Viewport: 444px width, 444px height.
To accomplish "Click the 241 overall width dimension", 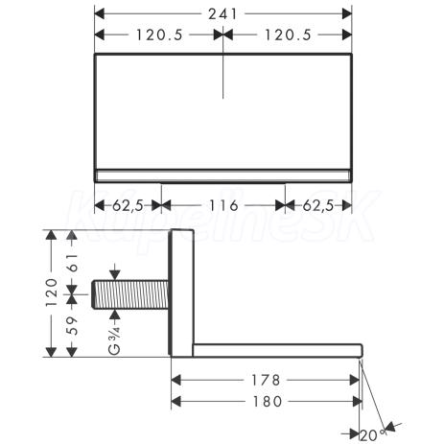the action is [x=222, y=13].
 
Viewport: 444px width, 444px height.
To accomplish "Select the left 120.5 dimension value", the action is [x=159, y=35].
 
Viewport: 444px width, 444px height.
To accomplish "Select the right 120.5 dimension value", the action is [x=288, y=35].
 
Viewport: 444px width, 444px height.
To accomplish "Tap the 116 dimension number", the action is [x=223, y=205].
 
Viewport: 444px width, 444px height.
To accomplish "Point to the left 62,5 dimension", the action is [x=128, y=205].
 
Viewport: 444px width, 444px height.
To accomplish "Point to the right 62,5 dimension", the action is [x=318, y=205].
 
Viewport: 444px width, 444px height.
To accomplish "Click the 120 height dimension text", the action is [x=52, y=292].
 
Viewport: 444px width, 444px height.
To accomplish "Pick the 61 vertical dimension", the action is [x=73, y=263].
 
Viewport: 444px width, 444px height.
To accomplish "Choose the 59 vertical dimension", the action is [x=73, y=325].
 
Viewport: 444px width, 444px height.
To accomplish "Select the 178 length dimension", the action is [x=266, y=380].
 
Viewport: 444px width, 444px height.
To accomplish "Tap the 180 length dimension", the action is [x=268, y=401].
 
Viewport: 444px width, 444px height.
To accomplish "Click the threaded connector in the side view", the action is [x=130, y=294].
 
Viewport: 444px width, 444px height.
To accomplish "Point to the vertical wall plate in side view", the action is [x=182, y=292].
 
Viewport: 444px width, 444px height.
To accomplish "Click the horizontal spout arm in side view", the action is [x=278, y=350].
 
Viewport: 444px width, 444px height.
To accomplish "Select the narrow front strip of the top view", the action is [x=223, y=175].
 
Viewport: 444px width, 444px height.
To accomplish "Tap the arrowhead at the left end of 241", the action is [x=100, y=13].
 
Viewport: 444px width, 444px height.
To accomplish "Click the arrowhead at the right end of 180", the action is [x=357, y=401].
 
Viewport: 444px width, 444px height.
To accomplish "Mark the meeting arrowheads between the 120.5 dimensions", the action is [x=223, y=35].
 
